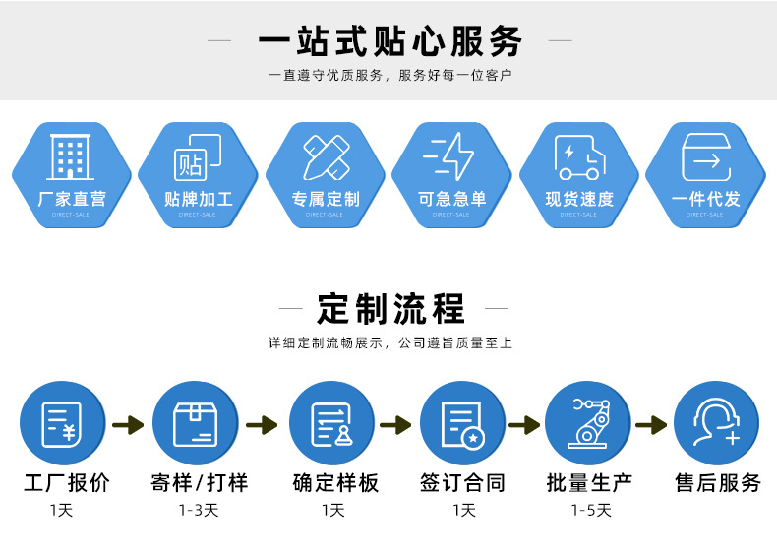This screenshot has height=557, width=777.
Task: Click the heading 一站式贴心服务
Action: (x=390, y=41)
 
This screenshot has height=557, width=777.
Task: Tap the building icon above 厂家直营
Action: (x=71, y=156)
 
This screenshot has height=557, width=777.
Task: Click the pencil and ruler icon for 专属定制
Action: (x=327, y=156)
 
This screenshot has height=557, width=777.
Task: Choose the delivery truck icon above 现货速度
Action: (x=579, y=157)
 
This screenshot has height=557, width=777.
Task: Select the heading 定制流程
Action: (x=390, y=308)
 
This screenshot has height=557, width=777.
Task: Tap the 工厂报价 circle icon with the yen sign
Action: (x=61, y=423)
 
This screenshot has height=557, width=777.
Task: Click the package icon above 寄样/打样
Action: (x=194, y=423)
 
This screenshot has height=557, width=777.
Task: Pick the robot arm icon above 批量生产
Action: (x=588, y=423)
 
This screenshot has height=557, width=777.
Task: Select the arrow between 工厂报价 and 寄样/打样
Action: (x=128, y=425)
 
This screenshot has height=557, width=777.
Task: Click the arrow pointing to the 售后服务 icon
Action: (x=651, y=425)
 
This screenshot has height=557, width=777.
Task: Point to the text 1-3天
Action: (x=198, y=510)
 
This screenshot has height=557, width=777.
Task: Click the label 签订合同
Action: (x=462, y=483)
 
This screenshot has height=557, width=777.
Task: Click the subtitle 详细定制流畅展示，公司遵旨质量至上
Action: (x=390, y=343)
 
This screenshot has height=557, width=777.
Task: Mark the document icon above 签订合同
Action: (x=461, y=423)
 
